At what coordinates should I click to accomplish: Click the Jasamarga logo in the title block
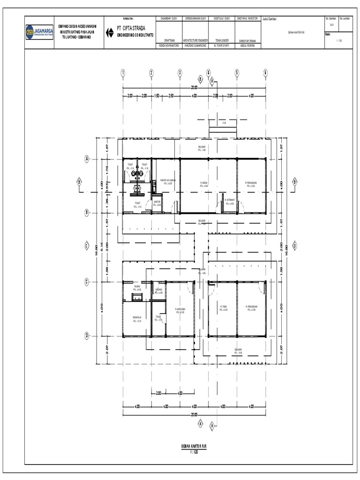coord(40,31)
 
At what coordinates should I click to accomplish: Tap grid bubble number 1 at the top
coord(123,73)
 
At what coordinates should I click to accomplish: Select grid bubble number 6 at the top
coord(265,73)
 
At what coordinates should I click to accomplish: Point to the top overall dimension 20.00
coord(194,88)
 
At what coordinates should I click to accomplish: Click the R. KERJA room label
coord(204,184)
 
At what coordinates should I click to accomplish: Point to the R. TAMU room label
coord(224,308)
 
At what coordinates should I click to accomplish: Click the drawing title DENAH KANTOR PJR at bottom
coord(194,447)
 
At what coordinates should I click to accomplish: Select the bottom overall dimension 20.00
coord(194,415)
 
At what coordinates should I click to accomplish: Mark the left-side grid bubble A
coord(87,158)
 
